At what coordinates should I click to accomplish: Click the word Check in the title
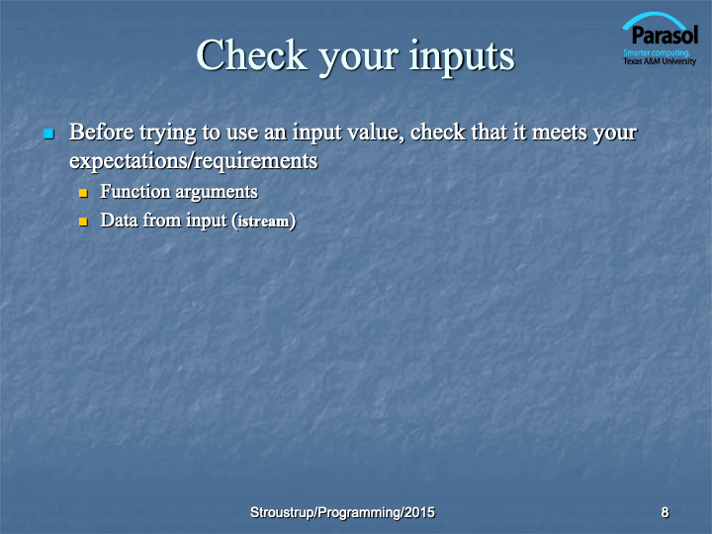pyautogui.click(x=251, y=55)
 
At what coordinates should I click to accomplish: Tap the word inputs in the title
pyautogui.click(x=462, y=57)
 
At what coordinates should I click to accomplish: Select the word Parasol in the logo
pyautogui.click(x=665, y=36)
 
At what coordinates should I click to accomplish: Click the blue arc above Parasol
pyautogui.click(x=654, y=18)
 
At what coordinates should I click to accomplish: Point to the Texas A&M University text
pyautogui.click(x=660, y=61)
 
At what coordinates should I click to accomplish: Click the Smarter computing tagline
pyautogui.click(x=657, y=52)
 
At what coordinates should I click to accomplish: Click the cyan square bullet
pyautogui.click(x=49, y=133)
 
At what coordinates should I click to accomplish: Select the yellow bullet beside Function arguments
pyautogui.click(x=83, y=193)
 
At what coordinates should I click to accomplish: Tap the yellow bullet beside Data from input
pyautogui.click(x=83, y=222)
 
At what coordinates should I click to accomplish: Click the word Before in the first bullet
pyautogui.click(x=102, y=133)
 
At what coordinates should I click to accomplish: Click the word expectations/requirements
pyautogui.click(x=194, y=161)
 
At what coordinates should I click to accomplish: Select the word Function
pyautogui.click(x=135, y=191)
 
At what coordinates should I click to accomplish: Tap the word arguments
pyautogui.click(x=217, y=193)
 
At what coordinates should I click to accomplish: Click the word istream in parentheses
pyautogui.click(x=263, y=222)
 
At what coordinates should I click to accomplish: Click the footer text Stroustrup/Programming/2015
pyautogui.click(x=342, y=512)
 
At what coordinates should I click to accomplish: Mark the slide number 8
pyautogui.click(x=665, y=512)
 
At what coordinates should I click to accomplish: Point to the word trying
pyautogui.click(x=167, y=133)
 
